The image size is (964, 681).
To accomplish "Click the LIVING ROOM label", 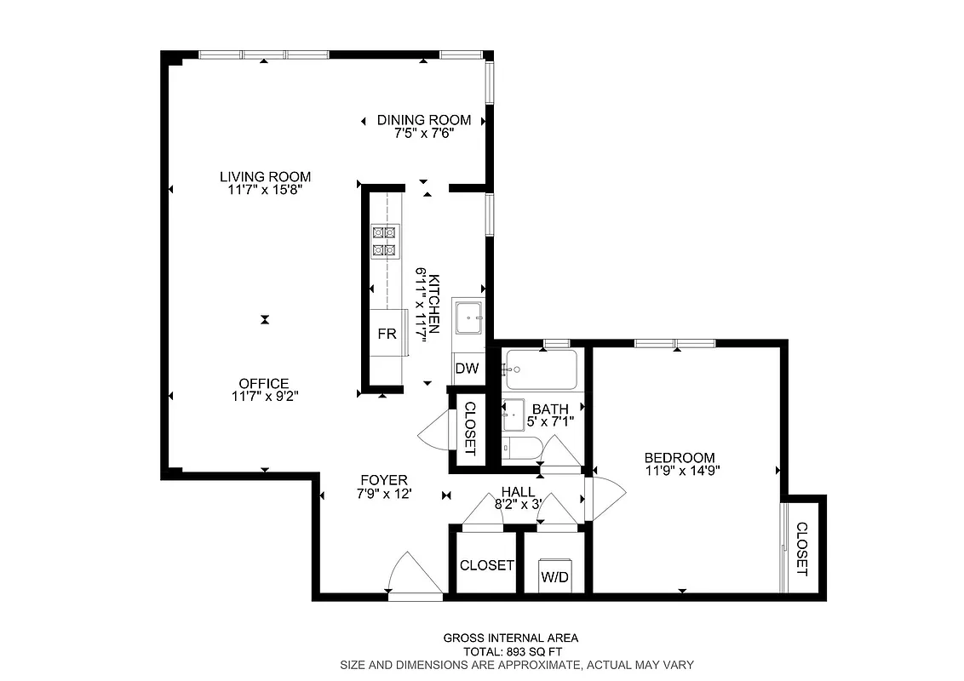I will [x=265, y=177].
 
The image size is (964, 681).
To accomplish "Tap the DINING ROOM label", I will [x=424, y=121].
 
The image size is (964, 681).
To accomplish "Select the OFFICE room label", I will [x=264, y=383].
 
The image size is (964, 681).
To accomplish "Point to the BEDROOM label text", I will [x=679, y=457].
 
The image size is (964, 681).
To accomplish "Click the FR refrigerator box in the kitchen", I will [x=387, y=334].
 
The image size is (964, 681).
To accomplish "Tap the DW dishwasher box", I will [x=466, y=369].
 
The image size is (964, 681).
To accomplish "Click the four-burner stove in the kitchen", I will [x=384, y=240].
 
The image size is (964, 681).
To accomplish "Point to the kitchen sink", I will [x=468, y=320].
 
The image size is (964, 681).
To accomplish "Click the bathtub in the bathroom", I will [x=540, y=369].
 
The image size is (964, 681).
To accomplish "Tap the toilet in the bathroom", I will [x=520, y=449].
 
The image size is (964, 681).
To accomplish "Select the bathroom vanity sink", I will [x=514, y=416].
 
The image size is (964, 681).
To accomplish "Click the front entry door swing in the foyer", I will [x=412, y=575].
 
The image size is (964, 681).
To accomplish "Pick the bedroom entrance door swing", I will [x=606, y=497].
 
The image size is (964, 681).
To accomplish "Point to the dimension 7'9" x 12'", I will [x=383, y=493].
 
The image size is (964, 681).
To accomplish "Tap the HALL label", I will [x=518, y=492].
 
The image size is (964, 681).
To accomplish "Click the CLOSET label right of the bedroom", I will [x=801, y=549].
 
